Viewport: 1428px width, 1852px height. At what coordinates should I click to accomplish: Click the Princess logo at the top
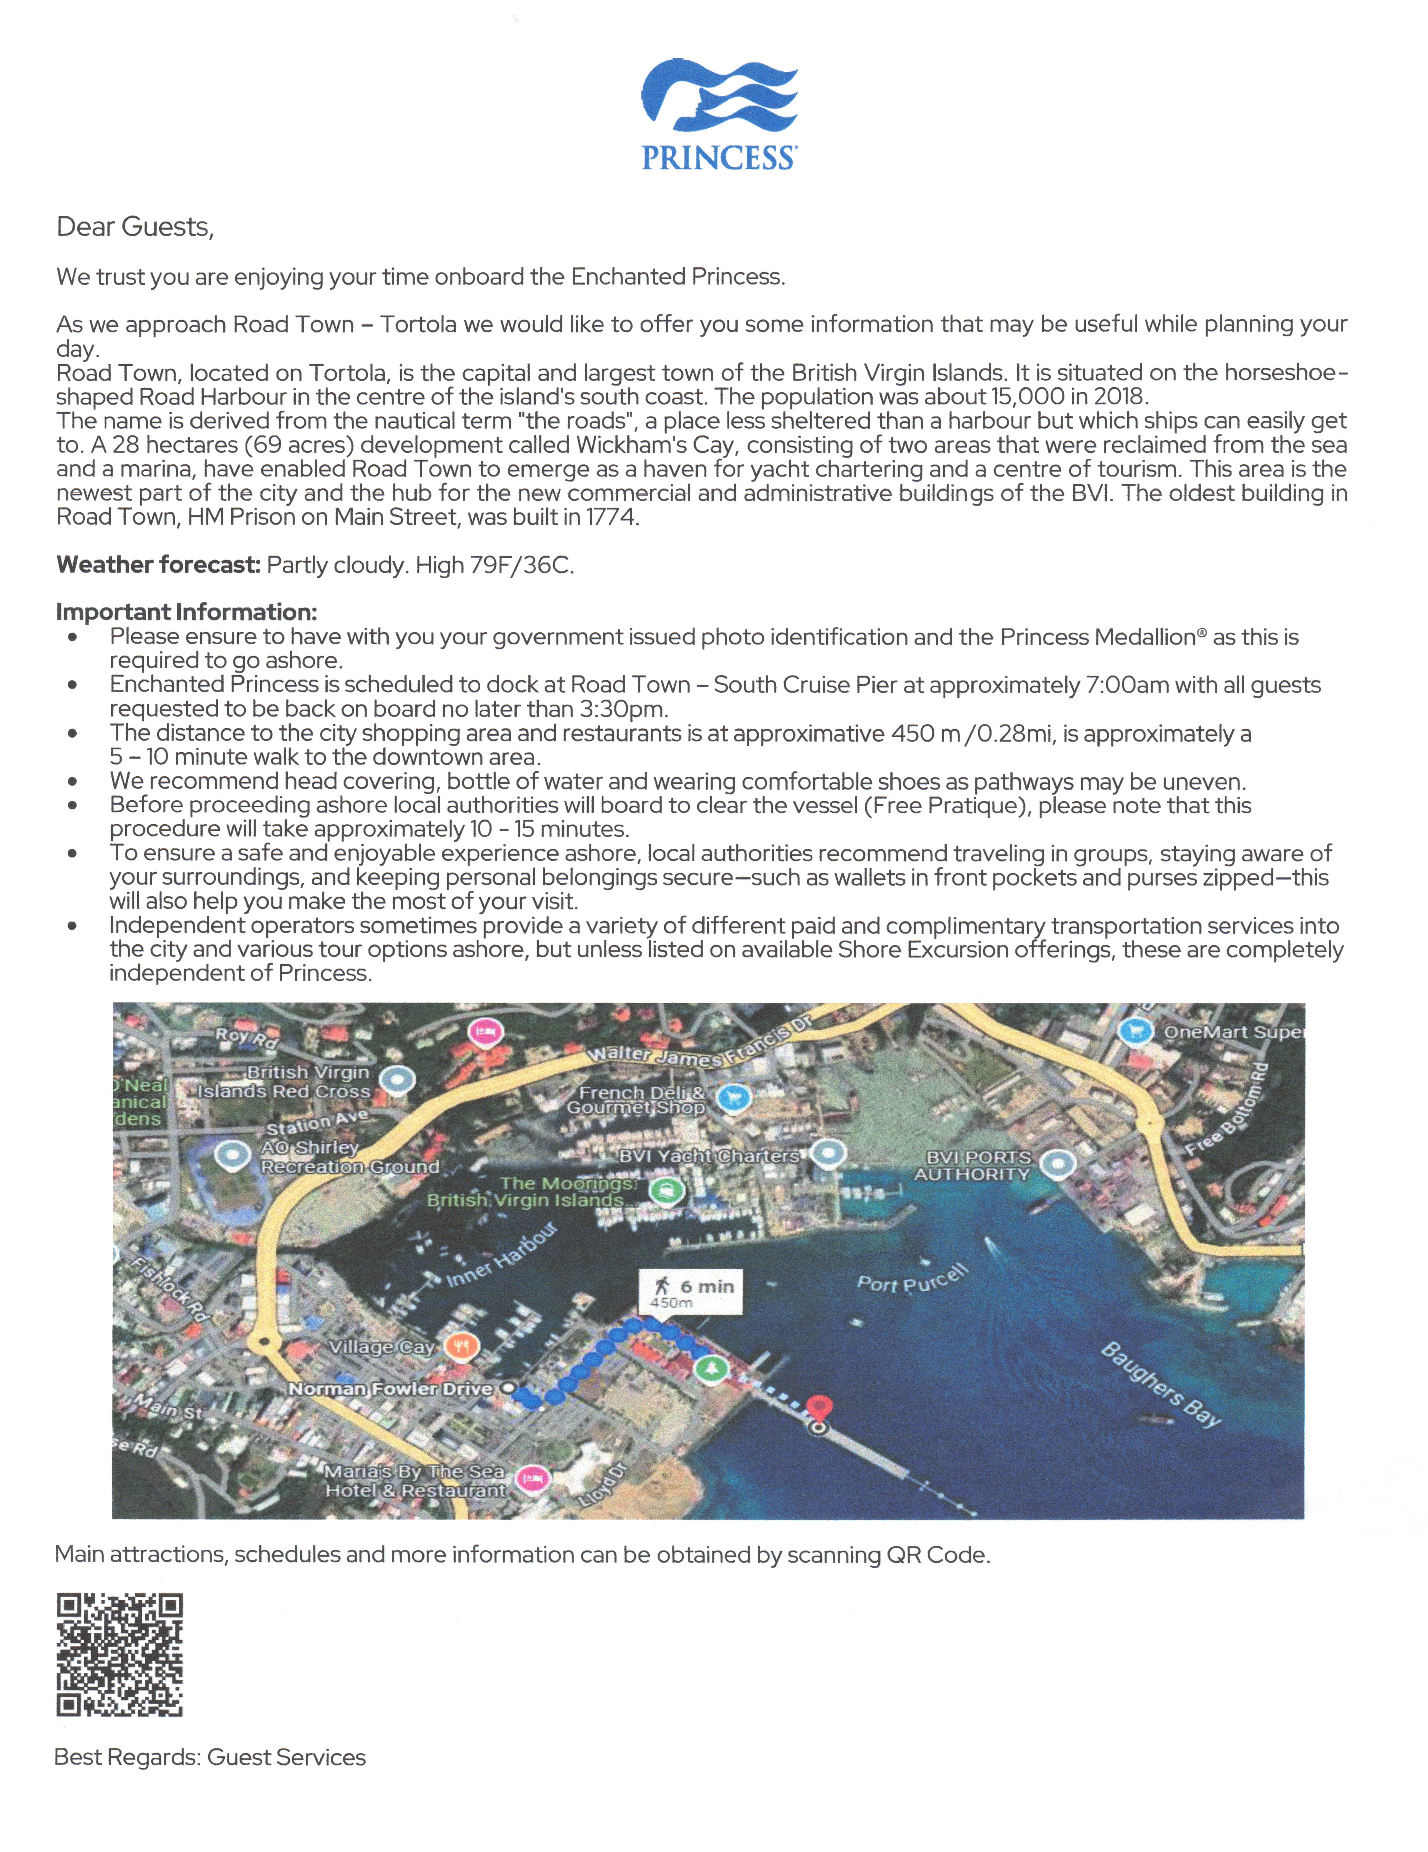tap(718, 115)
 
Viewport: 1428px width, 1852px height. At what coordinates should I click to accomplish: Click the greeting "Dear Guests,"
tap(135, 227)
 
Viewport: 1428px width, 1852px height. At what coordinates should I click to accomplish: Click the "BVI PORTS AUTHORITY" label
tap(973, 1166)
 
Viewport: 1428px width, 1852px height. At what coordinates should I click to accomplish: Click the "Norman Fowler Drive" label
tap(390, 1389)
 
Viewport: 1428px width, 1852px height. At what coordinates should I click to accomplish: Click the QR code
tap(119, 1655)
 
